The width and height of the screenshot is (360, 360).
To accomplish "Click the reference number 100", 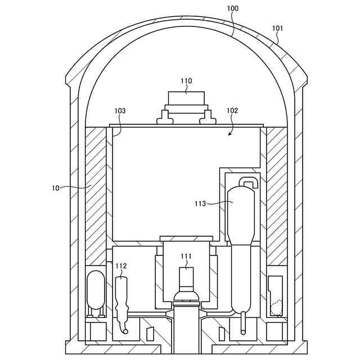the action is tap(233, 8).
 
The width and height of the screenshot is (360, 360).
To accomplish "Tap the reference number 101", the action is tap(277, 29).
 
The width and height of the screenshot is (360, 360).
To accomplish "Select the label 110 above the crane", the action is tap(186, 81).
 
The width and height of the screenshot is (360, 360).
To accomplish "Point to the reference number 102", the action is tap(232, 111).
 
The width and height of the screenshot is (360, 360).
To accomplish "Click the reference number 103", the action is tap(120, 111).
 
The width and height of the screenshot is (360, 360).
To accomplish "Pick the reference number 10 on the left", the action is tap(56, 188).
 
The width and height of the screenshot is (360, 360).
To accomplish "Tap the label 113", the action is tap(200, 204).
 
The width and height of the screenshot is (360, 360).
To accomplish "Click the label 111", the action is tap(186, 256).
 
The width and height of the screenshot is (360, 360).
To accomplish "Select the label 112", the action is tap(121, 266).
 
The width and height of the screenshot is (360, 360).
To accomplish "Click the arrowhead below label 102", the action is tap(230, 134).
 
